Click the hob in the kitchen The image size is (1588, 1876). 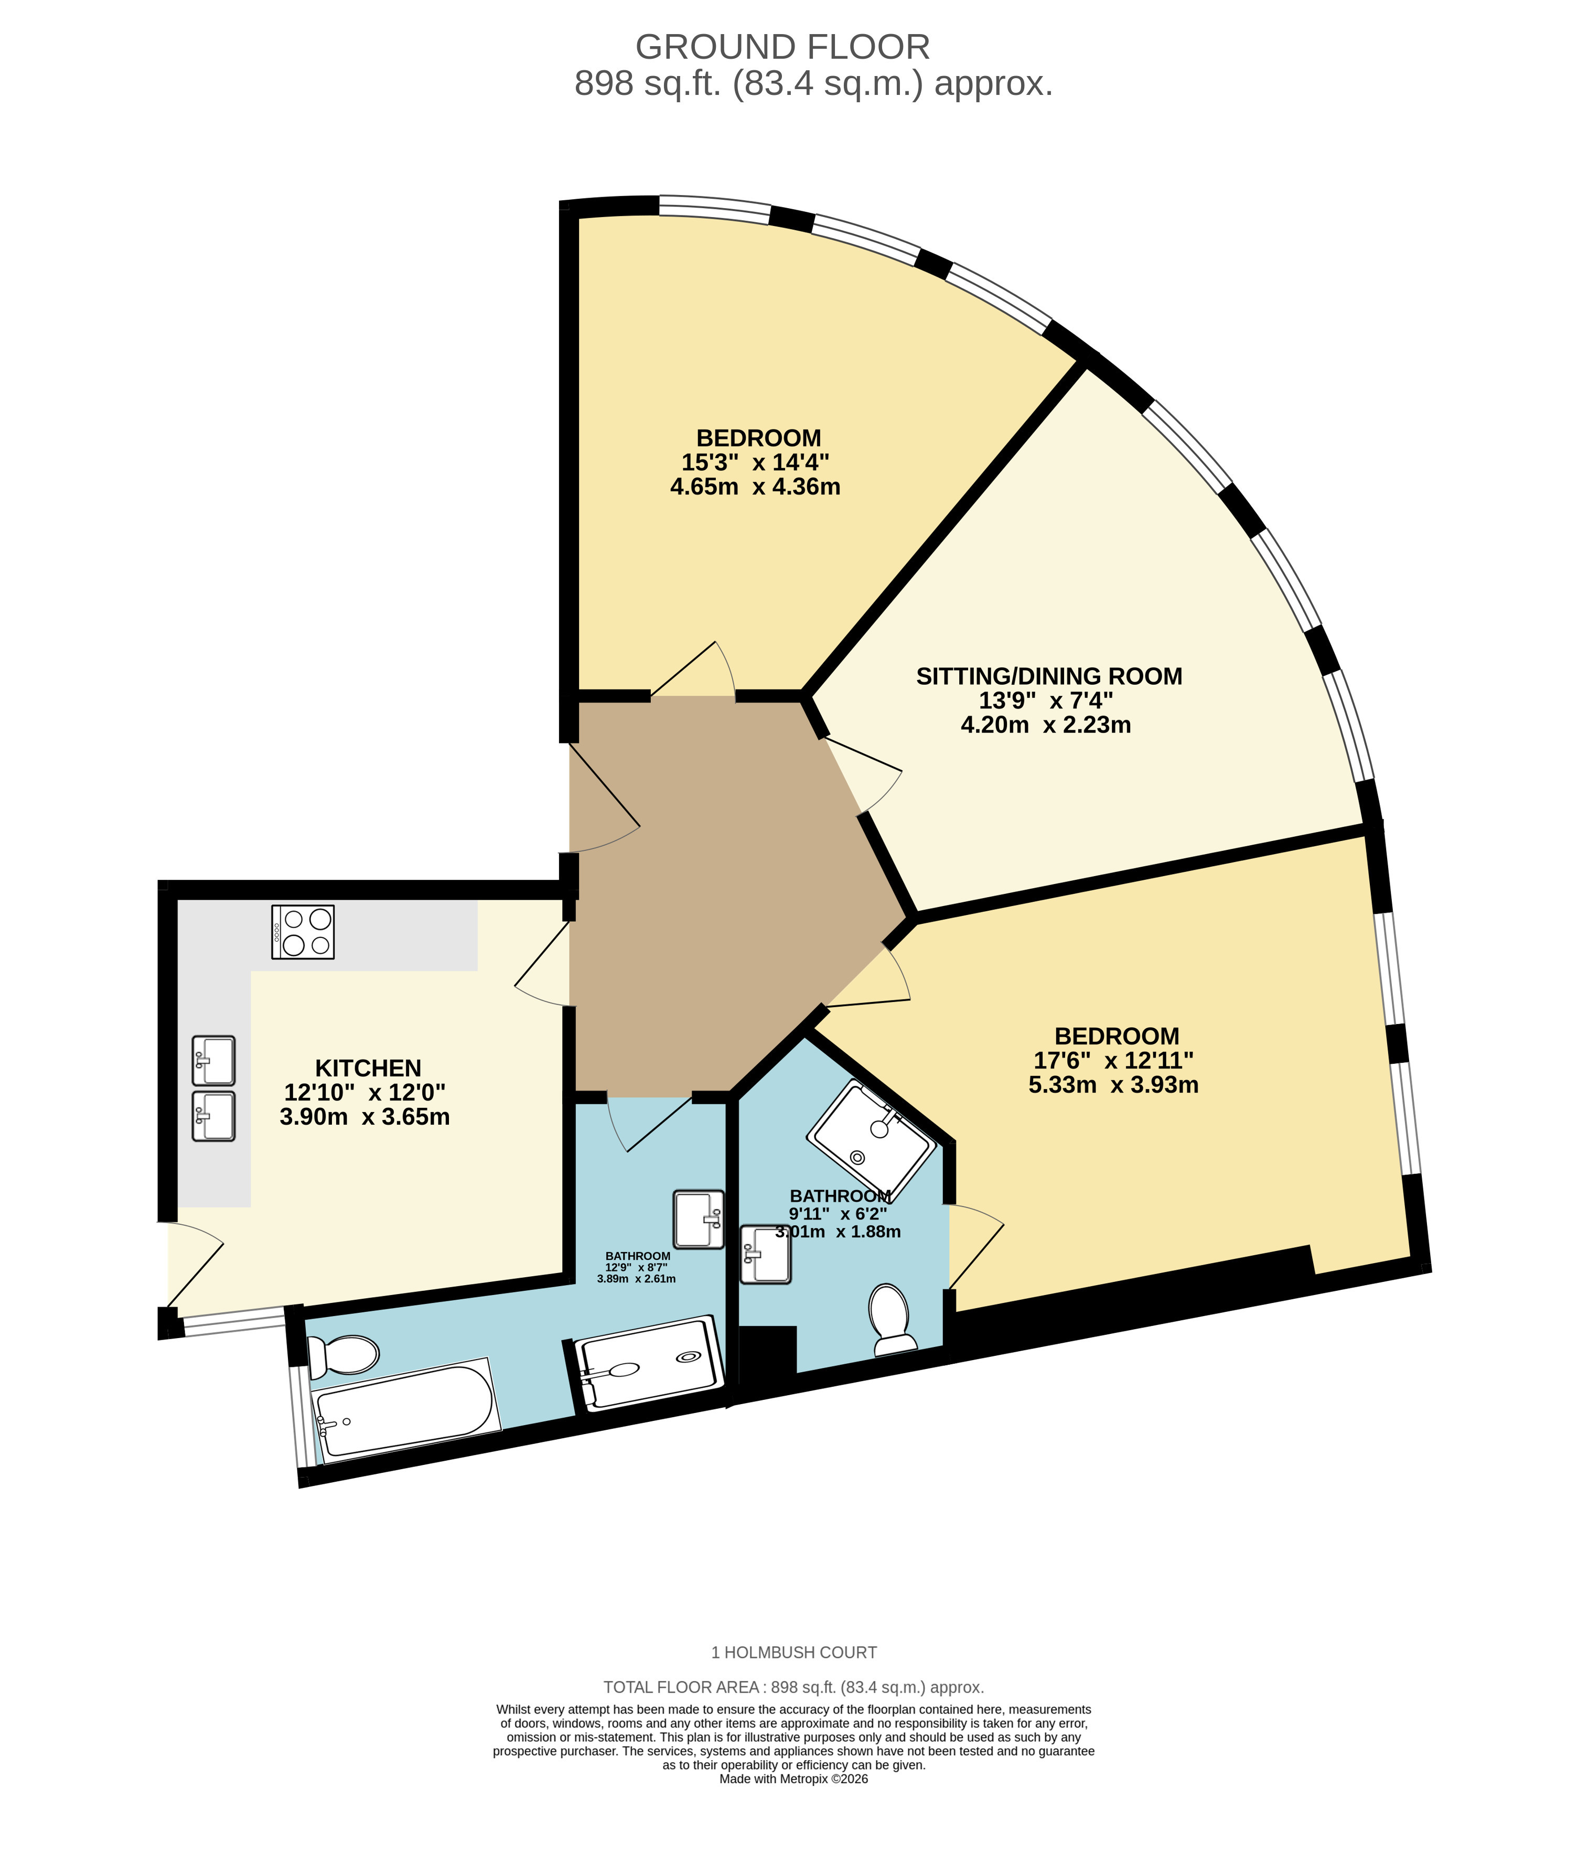(x=303, y=931)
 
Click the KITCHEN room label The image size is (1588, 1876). (x=368, y=1068)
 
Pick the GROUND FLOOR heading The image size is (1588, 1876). (x=782, y=47)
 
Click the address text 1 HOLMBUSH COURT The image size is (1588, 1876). (x=794, y=1653)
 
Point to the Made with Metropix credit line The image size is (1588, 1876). (x=794, y=1779)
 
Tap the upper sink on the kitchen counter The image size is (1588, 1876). (x=213, y=1061)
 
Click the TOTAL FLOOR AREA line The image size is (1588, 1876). (x=794, y=1688)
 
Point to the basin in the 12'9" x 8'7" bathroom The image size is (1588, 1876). (x=699, y=1219)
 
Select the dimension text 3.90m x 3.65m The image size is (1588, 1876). (x=364, y=1117)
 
